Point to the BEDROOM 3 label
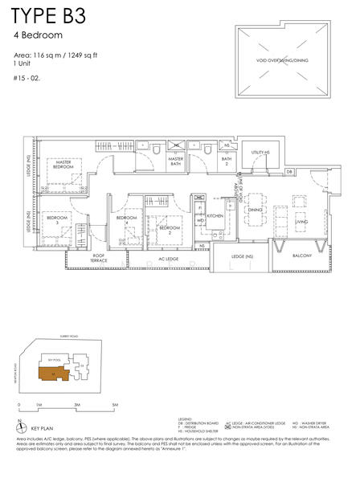click(56, 219)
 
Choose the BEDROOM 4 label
click(125, 219)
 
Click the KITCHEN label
click(215, 216)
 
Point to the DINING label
click(255, 210)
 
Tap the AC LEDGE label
click(168, 259)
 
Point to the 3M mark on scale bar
click(76, 405)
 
